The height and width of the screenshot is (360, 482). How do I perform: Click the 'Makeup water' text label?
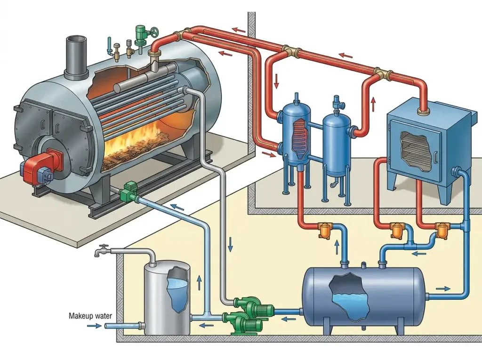(x=90, y=316)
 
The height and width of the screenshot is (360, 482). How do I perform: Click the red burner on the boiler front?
(x=40, y=165)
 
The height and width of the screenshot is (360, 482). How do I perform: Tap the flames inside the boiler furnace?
(x=135, y=142)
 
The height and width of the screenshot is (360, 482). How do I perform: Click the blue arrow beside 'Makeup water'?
(x=94, y=326)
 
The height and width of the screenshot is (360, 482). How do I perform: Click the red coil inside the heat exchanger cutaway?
(x=299, y=135)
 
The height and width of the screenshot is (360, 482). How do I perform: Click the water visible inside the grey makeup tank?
(x=177, y=293)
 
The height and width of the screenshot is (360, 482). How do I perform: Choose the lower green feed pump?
(x=243, y=322)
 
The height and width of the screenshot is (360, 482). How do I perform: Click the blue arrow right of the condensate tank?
(x=443, y=288)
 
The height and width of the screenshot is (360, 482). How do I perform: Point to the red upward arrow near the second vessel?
(x=373, y=104)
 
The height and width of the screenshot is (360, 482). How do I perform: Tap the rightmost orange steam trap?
(x=442, y=230)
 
